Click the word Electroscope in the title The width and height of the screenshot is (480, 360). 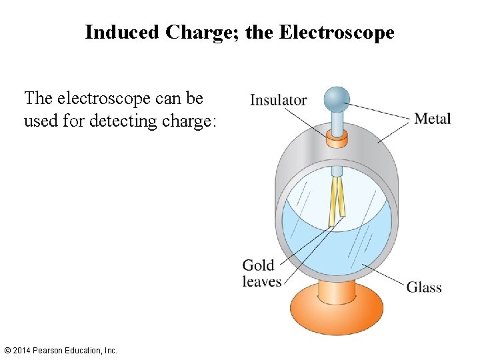(x=337, y=32)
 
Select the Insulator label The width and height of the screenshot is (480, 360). (x=278, y=101)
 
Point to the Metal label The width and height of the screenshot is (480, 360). (x=432, y=119)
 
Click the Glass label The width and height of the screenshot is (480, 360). (x=424, y=287)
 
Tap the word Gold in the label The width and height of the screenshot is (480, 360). (x=258, y=265)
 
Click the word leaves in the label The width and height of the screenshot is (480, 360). (x=262, y=282)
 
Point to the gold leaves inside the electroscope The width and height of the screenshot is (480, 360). (x=338, y=200)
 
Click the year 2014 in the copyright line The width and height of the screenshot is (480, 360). (x=23, y=350)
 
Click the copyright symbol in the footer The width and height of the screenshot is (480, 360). (x=7, y=350)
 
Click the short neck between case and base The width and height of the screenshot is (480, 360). (x=336, y=288)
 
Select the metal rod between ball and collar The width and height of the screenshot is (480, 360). (x=337, y=121)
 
